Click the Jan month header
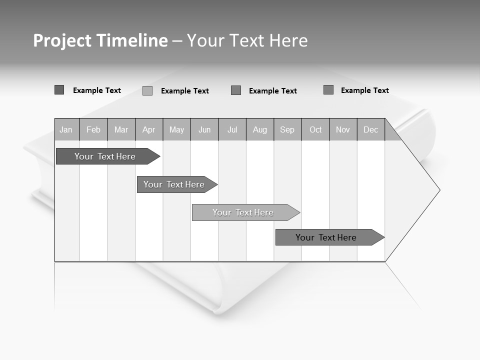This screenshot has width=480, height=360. pos(66,130)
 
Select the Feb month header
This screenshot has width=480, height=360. pos(93,130)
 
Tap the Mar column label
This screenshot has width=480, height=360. pos(121,130)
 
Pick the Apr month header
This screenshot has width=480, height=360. pos(148,130)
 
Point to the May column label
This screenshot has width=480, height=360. pos(176,130)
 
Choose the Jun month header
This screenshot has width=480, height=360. pos(204,130)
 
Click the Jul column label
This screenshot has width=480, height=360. pos(232,130)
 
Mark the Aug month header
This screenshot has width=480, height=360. pos(260,130)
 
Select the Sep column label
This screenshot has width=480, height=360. pos(287,130)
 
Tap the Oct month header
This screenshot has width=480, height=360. pos(315,130)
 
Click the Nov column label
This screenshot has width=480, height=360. pos(343,130)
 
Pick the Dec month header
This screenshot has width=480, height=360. pos(371,130)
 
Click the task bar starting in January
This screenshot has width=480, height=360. pos(105,156)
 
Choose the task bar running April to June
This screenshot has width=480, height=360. pos(174,184)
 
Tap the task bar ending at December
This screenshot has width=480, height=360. pos(326,237)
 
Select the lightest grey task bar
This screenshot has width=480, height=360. pos(243,212)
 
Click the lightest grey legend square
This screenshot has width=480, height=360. pos(147,90)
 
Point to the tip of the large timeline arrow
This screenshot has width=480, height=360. pos(439,190)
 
